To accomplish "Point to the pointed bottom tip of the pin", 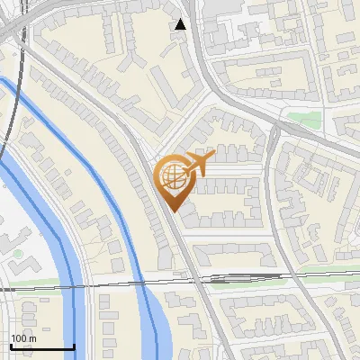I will (172, 211).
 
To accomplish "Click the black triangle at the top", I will (181, 24).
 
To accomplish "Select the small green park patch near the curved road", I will (304, 120).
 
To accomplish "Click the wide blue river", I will (54, 225).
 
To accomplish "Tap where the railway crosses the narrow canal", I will (144, 283).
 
